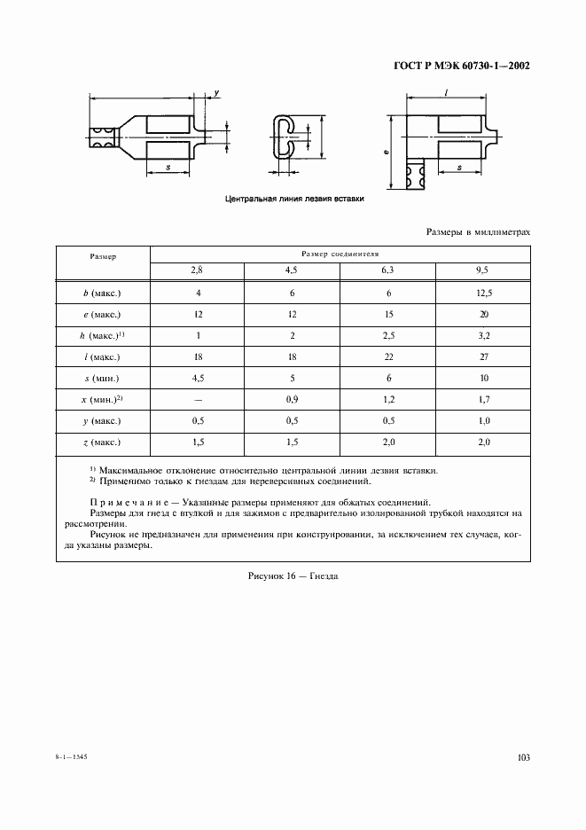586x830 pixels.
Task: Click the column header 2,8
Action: [x=197, y=270]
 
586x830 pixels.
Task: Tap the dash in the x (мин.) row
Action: [x=197, y=399]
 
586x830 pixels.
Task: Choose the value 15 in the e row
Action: [x=387, y=314]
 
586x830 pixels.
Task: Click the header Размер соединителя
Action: [x=340, y=253]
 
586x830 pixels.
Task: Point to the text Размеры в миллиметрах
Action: [x=478, y=231]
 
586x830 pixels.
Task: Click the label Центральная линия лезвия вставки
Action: [x=295, y=200]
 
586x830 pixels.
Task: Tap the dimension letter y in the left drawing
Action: [x=216, y=93]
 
